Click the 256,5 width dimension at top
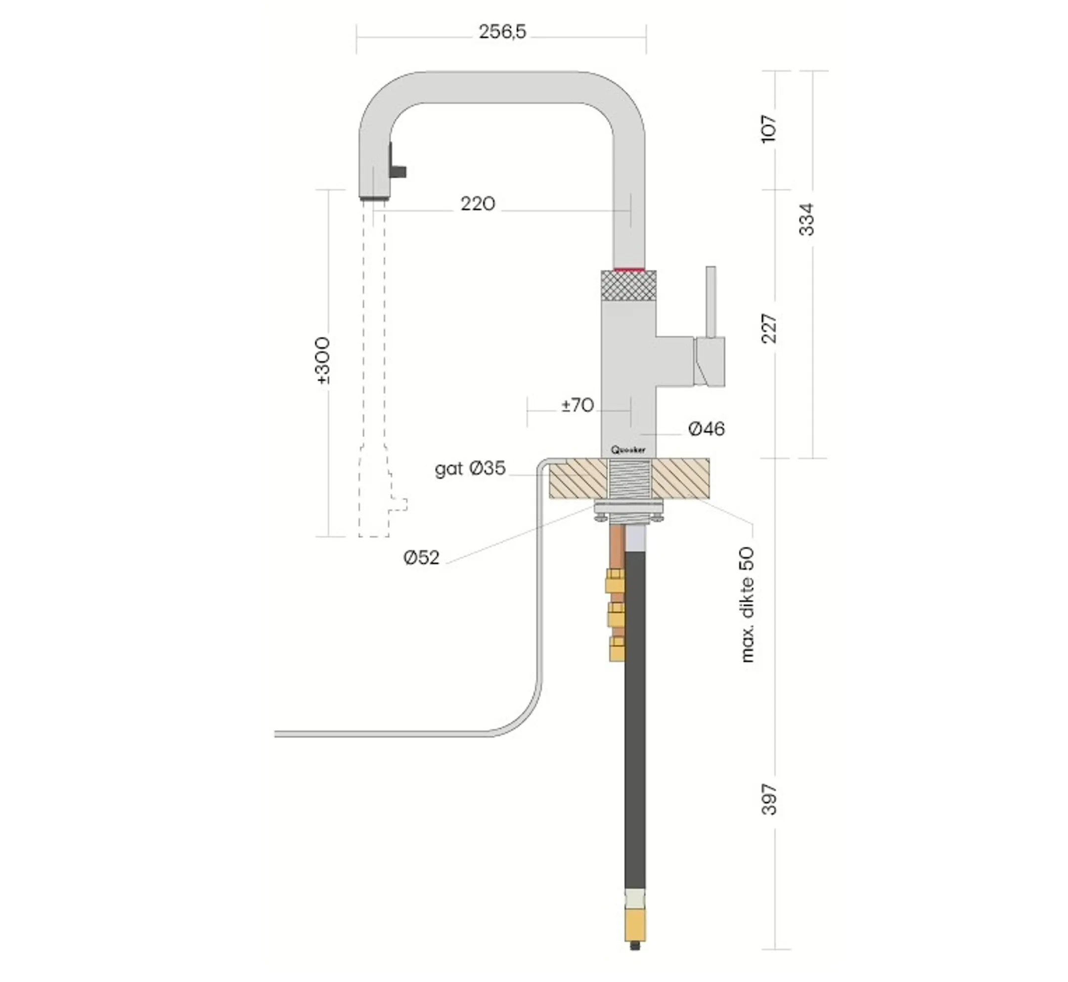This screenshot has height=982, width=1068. point(502,32)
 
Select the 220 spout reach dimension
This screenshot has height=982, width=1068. point(477,204)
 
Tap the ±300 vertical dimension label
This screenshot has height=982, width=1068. point(323,360)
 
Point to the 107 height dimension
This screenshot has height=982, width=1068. point(769,128)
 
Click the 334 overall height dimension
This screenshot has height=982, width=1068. point(806,219)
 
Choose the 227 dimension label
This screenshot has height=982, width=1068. point(769,328)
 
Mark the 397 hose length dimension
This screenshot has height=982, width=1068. point(769,799)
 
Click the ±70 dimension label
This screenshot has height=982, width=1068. point(578,405)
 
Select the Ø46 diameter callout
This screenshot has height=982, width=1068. point(706,429)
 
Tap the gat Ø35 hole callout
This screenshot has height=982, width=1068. point(470,468)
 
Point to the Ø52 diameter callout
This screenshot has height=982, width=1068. point(421,557)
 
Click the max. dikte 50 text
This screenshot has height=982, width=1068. point(747,605)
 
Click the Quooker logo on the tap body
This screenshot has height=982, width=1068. point(628,450)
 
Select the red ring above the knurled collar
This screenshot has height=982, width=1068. point(629,269)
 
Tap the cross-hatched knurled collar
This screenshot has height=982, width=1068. point(628,286)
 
